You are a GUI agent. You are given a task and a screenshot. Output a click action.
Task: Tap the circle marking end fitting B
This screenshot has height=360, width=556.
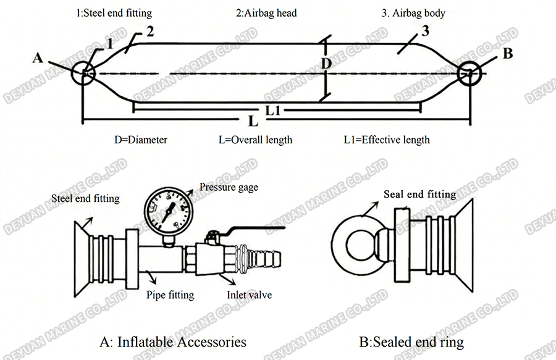[x=471, y=74]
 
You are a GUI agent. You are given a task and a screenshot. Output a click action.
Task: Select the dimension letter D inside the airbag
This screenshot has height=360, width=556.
[x=327, y=64]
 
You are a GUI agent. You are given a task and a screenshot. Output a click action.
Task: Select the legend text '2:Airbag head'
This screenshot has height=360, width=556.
[x=266, y=12]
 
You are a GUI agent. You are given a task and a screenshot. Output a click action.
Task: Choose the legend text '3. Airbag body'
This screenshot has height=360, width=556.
[x=414, y=12]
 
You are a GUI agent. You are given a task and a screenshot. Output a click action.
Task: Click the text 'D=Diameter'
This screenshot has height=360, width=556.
[x=140, y=140]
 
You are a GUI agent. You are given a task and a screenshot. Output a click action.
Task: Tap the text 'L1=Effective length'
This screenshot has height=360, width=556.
[x=387, y=140]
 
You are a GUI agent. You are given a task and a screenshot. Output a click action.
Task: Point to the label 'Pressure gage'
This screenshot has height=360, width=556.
[x=229, y=187]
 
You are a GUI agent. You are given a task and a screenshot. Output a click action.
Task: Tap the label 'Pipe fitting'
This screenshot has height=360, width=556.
[x=171, y=295]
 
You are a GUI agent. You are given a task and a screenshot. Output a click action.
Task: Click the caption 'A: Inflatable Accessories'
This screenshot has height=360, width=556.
[x=172, y=341]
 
